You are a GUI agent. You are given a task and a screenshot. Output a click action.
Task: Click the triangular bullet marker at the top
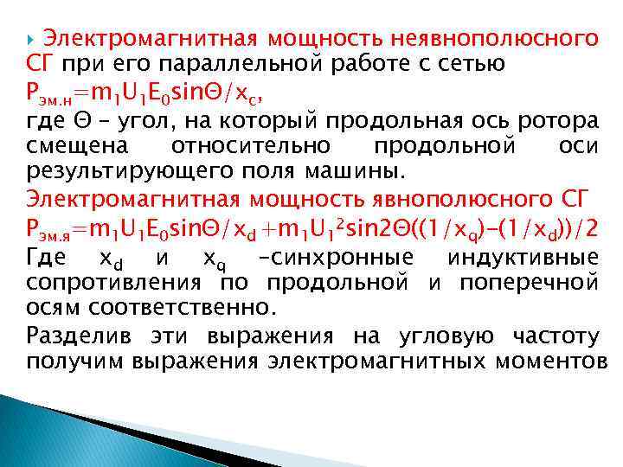tap(32, 39)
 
